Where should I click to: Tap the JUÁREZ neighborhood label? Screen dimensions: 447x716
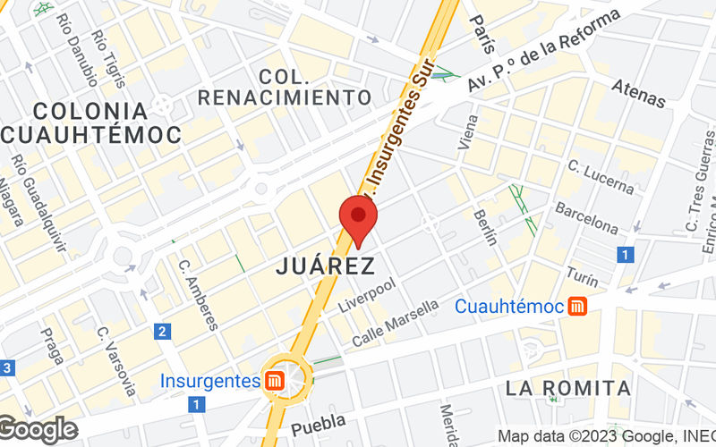pos(324,266)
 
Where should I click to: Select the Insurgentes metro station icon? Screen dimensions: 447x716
pos(274,381)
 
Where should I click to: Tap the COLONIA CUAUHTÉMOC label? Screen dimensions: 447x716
pos(89,122)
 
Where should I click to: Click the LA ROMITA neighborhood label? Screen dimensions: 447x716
pos(568,388)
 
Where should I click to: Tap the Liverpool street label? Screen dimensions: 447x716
pos(367,295)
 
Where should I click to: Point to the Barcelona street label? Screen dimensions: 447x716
pos(586,218)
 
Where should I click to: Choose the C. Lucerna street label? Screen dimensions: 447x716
pos(601,177)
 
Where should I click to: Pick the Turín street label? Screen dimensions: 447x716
pos(582,267)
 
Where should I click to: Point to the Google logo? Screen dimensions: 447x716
pos(38,429)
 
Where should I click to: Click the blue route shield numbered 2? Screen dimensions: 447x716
pos(161,332)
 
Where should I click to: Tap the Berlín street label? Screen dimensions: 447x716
pos(485,223)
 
